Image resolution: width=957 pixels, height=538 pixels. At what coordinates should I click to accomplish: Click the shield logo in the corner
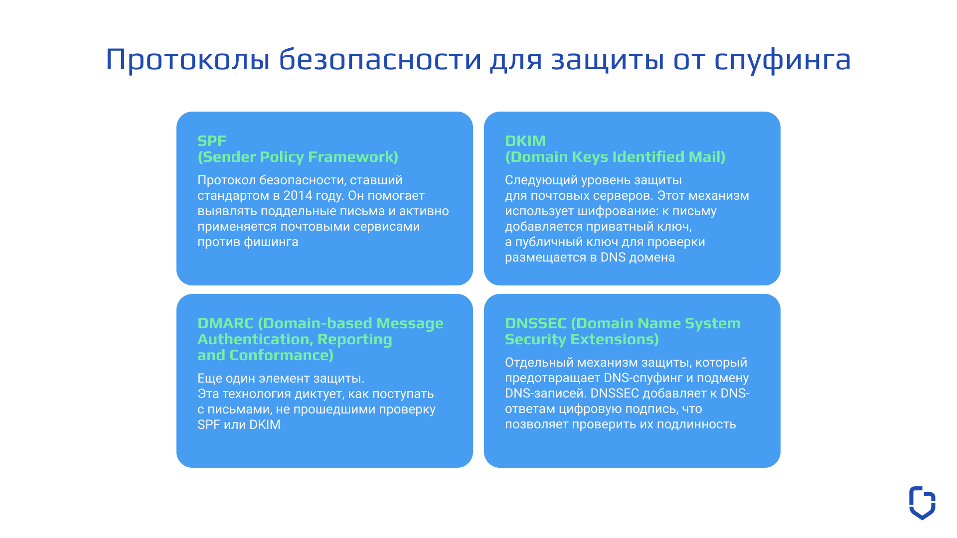922,503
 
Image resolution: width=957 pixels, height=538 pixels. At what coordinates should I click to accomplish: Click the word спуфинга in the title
782,60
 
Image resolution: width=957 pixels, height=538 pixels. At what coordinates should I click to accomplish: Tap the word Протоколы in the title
187,60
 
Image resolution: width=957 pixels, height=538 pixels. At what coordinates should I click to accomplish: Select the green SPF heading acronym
212,141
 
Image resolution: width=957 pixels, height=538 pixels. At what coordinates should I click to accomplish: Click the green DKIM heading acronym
525,141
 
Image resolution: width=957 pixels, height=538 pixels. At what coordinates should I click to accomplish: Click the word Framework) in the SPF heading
353,157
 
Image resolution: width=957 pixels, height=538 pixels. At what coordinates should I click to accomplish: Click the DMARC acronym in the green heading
225,323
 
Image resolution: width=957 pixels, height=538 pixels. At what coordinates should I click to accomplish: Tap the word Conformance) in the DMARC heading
281,355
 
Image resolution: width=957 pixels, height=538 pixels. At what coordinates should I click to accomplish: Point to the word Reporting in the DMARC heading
354,339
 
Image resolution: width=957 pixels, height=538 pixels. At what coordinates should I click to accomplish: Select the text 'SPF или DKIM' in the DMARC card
239,425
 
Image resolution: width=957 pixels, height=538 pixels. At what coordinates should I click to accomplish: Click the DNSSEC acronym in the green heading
535,323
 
